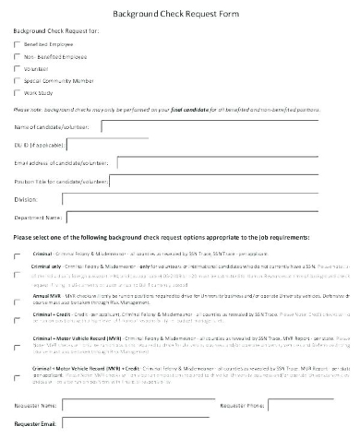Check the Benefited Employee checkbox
pyautogui.click(x=18, y=44)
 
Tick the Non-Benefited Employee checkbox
pyautogui.click(x=18, y=56)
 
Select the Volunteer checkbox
pyautogui.click(x=18, y=68)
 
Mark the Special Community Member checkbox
pyautogui.click(x=18, y=80)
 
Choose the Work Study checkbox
pyautogui.click(x=18, y=92)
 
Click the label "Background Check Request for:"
pyautogui.click(x=54, y=31)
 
